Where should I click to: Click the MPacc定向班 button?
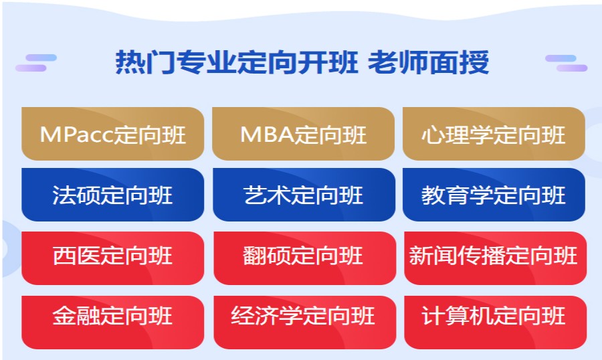tap(112, 134)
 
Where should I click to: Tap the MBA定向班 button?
tap(304, 134)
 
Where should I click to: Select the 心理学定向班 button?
tap(494, 134)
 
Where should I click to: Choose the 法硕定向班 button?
tap(112, 195)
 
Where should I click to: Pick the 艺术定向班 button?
tap(304, 195)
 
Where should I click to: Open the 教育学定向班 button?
tap(494, 195)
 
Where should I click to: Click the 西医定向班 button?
tap(112, 256)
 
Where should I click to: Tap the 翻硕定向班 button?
tap(304, 256)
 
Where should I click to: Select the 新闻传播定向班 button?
tap(494, 256)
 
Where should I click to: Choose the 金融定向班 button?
tap(112, 316)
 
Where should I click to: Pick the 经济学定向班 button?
tap(304, 316)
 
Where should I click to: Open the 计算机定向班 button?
tap(494, 316)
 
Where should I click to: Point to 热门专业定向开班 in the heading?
tap(237, 63)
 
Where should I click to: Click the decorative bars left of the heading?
tap(35, 62)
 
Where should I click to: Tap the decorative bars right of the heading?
tap(566, 62)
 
